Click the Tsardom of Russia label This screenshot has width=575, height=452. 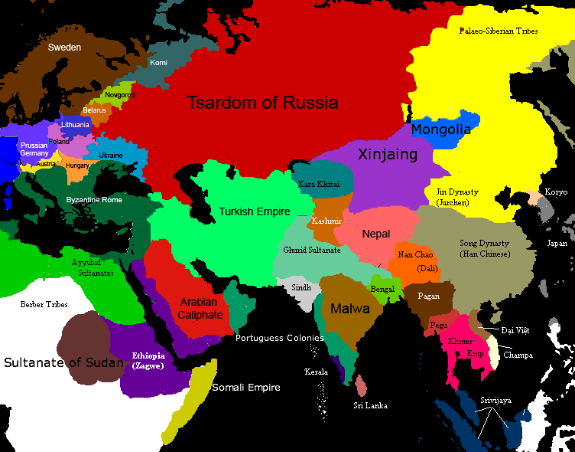[x=262, y=102]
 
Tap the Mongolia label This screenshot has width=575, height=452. [x=441, y=129]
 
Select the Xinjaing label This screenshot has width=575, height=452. [x=388, y=154]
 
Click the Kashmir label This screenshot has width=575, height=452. [x=326, y=221]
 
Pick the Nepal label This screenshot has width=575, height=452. [x=376, y=234]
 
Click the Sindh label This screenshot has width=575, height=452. [x=302, y=288]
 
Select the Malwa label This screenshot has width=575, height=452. [x=350, y=309]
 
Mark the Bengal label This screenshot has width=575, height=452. [x=382, y=289]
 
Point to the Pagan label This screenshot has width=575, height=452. [x=428, y=295]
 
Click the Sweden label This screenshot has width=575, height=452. [x=64, y=47]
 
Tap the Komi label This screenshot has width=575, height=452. [x=159, y=63]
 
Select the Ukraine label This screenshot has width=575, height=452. [x=111, y=156]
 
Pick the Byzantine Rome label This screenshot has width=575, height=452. [x=93, y=200]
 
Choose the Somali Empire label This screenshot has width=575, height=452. [x=246, y=388]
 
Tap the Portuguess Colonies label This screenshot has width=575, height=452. [x=280, y=338]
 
